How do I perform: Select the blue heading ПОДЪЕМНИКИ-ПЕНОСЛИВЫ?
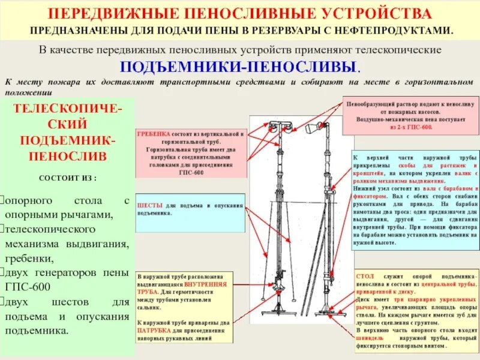[240, 66]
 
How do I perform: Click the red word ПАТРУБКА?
[154, 329]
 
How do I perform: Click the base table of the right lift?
[328, 314]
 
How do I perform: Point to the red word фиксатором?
[370, 195]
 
